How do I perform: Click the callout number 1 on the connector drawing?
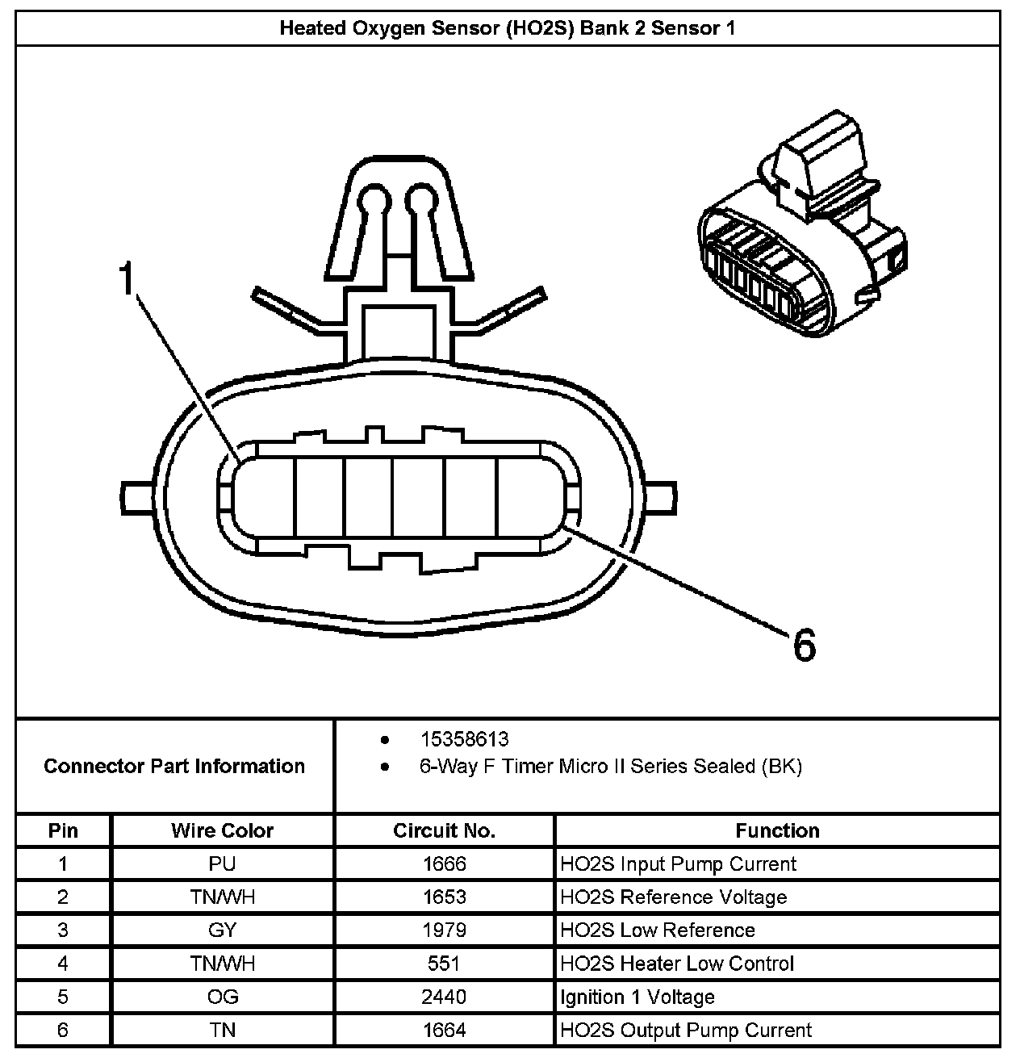point(127,279)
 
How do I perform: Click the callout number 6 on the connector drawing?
point(804,645)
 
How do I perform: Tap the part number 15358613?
point(464,739)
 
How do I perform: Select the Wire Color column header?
point(222,830)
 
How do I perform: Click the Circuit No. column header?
point(444,830)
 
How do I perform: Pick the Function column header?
point(777,830)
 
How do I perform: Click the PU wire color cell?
point(222,864)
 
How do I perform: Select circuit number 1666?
point(444,864)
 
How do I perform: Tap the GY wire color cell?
point(222,930)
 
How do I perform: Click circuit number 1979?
point(444,930)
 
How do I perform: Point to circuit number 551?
point(444,964)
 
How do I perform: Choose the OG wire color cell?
point(222,997)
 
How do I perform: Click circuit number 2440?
point(444,997)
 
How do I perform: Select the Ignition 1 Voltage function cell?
point(637,997)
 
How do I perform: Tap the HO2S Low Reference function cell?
point(658,930)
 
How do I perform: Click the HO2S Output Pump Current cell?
point(686,1031)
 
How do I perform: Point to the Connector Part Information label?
point(174,766)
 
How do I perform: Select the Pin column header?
point(63,830)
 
